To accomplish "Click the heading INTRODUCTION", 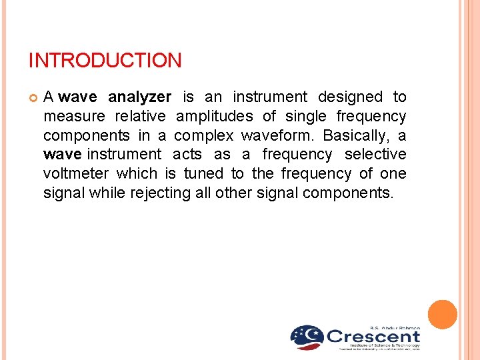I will pyautogui.click(x=105, y=61).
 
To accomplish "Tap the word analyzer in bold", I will pyautogui.click(x=139, y=97).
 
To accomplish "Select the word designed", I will pyautogui.click(x=350, y=97).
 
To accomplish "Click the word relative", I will pyautogui.click(x=140, y=117).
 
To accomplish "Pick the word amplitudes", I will pyautogui.click(x=214, y=117).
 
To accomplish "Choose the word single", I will pyautogui.click(x=306, y=117).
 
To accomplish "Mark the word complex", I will pyautogui.click(x=203, y=136).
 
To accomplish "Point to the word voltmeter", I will pyautogui.click(x=77, y=174).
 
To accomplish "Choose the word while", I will pyautogui.click(x=110, y=193).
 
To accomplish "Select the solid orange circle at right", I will pyautogui.click(x=442, y=315).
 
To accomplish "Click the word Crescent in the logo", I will pyautogui.click(x=373, y=336).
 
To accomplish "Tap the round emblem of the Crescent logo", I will pyautogui.click(x=307, y=337).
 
